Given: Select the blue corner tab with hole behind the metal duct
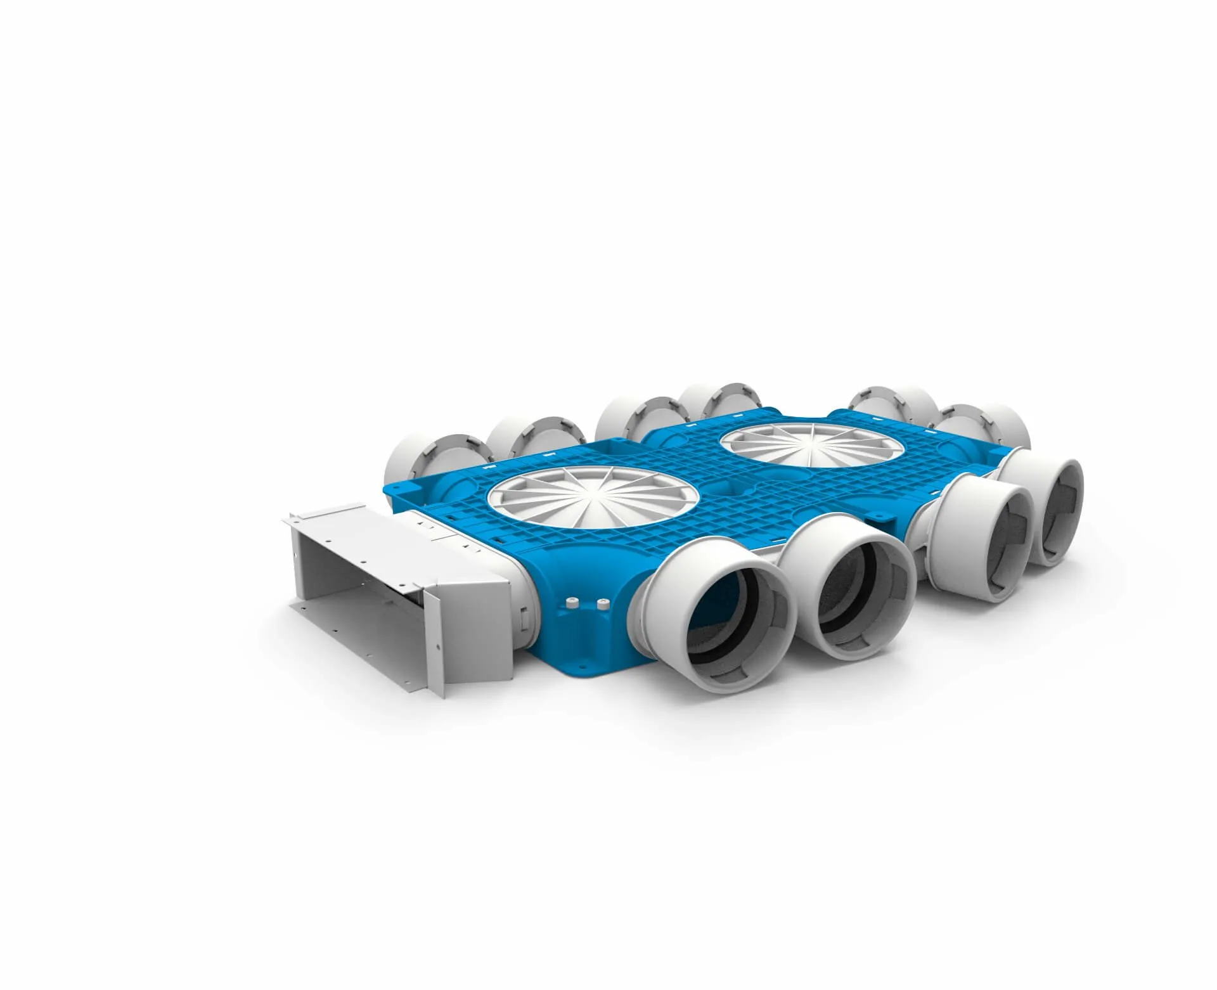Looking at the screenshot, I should point(396,490).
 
